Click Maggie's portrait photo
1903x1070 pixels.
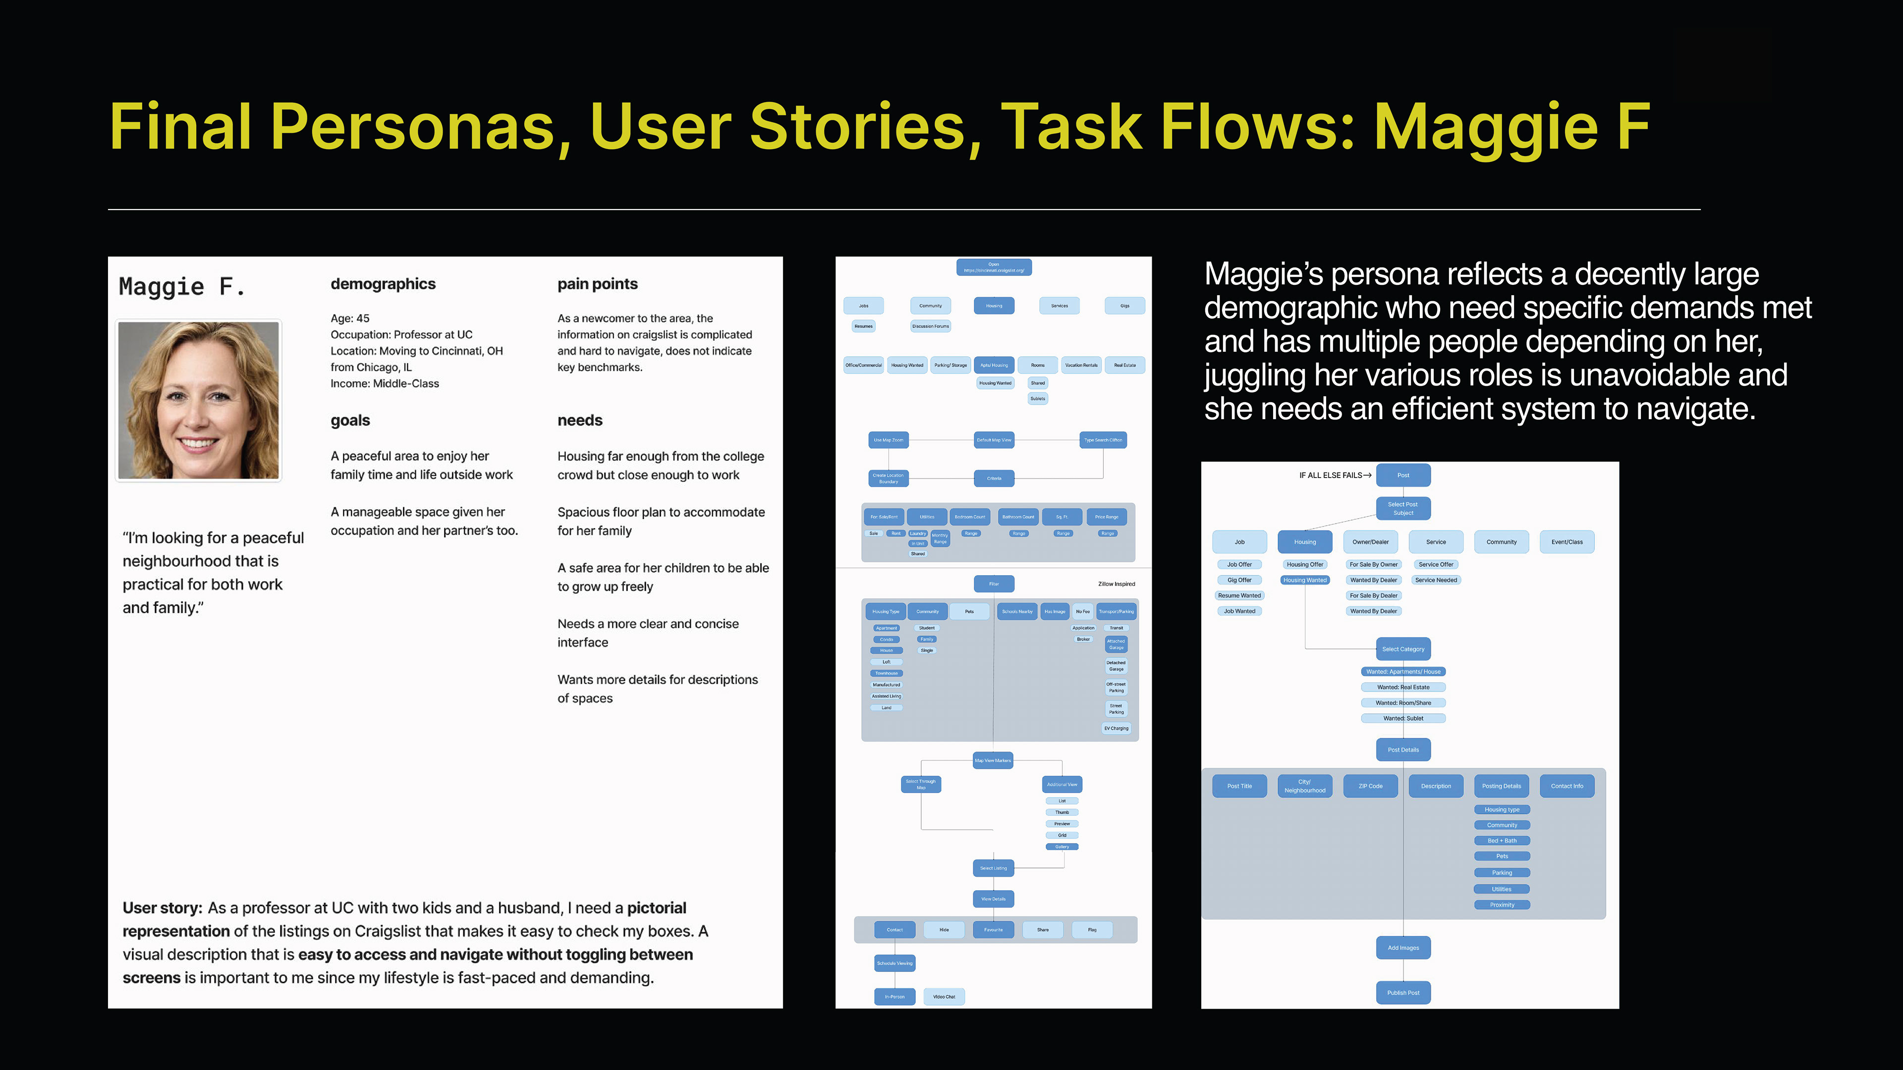tap(198, 400)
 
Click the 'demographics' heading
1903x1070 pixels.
tap(383, 284)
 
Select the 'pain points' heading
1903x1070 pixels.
tap(597, 284)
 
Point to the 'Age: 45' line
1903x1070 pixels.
tap(349, 318)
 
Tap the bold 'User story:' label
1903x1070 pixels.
tap(162, 908)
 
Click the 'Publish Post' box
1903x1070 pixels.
tap(1403, 992)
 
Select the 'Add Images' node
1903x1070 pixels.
tap(1403, 948)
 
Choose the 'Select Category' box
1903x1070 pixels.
tap(1403, 649)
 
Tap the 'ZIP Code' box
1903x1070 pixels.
tap(1370, 786)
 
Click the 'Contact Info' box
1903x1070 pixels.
tap(1567, 786)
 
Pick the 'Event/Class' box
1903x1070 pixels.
tap(1567, 542)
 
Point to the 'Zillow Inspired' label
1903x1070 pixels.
tap(1116, 584)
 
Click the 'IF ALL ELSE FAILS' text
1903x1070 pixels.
tap(1331, 476)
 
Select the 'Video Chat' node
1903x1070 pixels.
tap(944, 997)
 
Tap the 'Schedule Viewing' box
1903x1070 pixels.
tap(895, 963)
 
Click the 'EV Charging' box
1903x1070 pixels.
tap(1116, 728)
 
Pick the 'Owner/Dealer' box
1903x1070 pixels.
tap(1370, 542)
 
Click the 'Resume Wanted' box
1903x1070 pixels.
tap(1239, 595)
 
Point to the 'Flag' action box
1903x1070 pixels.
tap(1092, 930)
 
